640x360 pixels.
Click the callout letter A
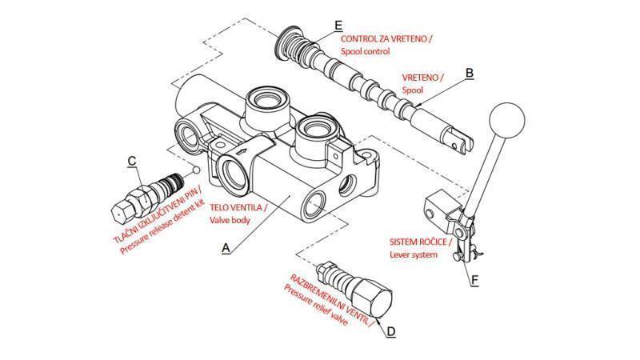(226, 249)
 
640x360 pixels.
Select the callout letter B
(470, 73)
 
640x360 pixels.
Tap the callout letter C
(132, 160)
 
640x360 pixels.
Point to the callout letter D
(390, 330)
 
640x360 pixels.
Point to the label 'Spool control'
(365, 51)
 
